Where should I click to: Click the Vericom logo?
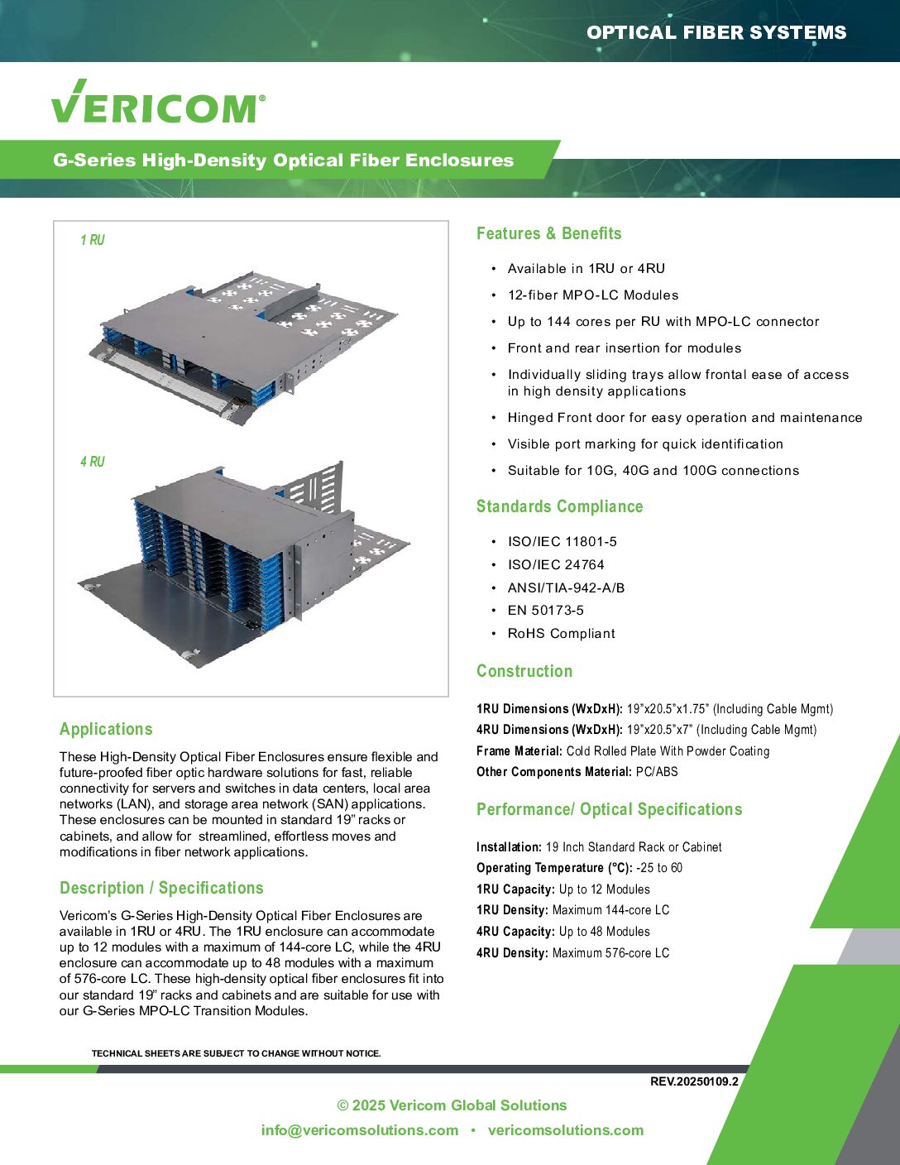click(158, 103)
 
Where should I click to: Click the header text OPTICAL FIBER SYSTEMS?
click(716, 32)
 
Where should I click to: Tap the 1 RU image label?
click(93, 240)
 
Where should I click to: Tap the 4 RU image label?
click(93, 462)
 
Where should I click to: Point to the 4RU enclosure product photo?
click(244, 563)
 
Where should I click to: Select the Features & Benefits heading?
click(548, 233)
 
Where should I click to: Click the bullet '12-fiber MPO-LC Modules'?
click(592, 295)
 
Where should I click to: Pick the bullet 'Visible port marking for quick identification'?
click(645, 444)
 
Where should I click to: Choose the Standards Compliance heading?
click(559, 506)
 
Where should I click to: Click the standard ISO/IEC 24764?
click(556, 564)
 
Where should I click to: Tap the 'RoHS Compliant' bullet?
click(561, 634)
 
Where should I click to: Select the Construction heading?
click(524, 671)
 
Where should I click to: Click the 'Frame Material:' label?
click(519, 751)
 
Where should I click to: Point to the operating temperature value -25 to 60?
click(659, 868)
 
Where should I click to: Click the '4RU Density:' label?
click(512, 953)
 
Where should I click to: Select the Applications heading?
click(106, 729)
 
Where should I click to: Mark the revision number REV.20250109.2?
click(694, 1081)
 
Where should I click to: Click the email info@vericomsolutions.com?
click(359, 1130)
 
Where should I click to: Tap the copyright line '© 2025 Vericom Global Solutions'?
click(452, 1105)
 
